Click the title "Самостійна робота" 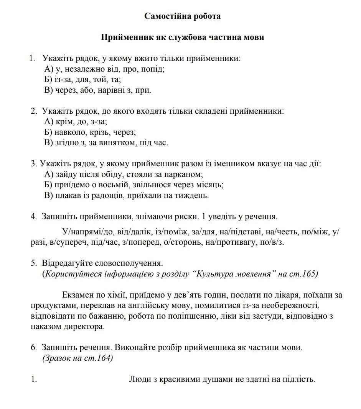coord(182,16)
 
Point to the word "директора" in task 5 coord(86,327)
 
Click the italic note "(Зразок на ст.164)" coord(77,358)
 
